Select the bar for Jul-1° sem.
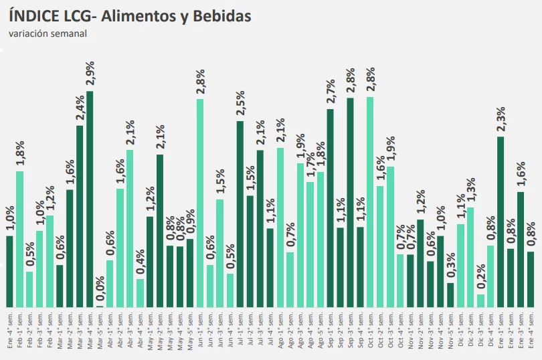point(240,214)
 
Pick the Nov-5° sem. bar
point(450,295)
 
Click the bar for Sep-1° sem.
point(330,208)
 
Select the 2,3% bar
point(500,221)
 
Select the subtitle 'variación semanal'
point(48,34)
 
